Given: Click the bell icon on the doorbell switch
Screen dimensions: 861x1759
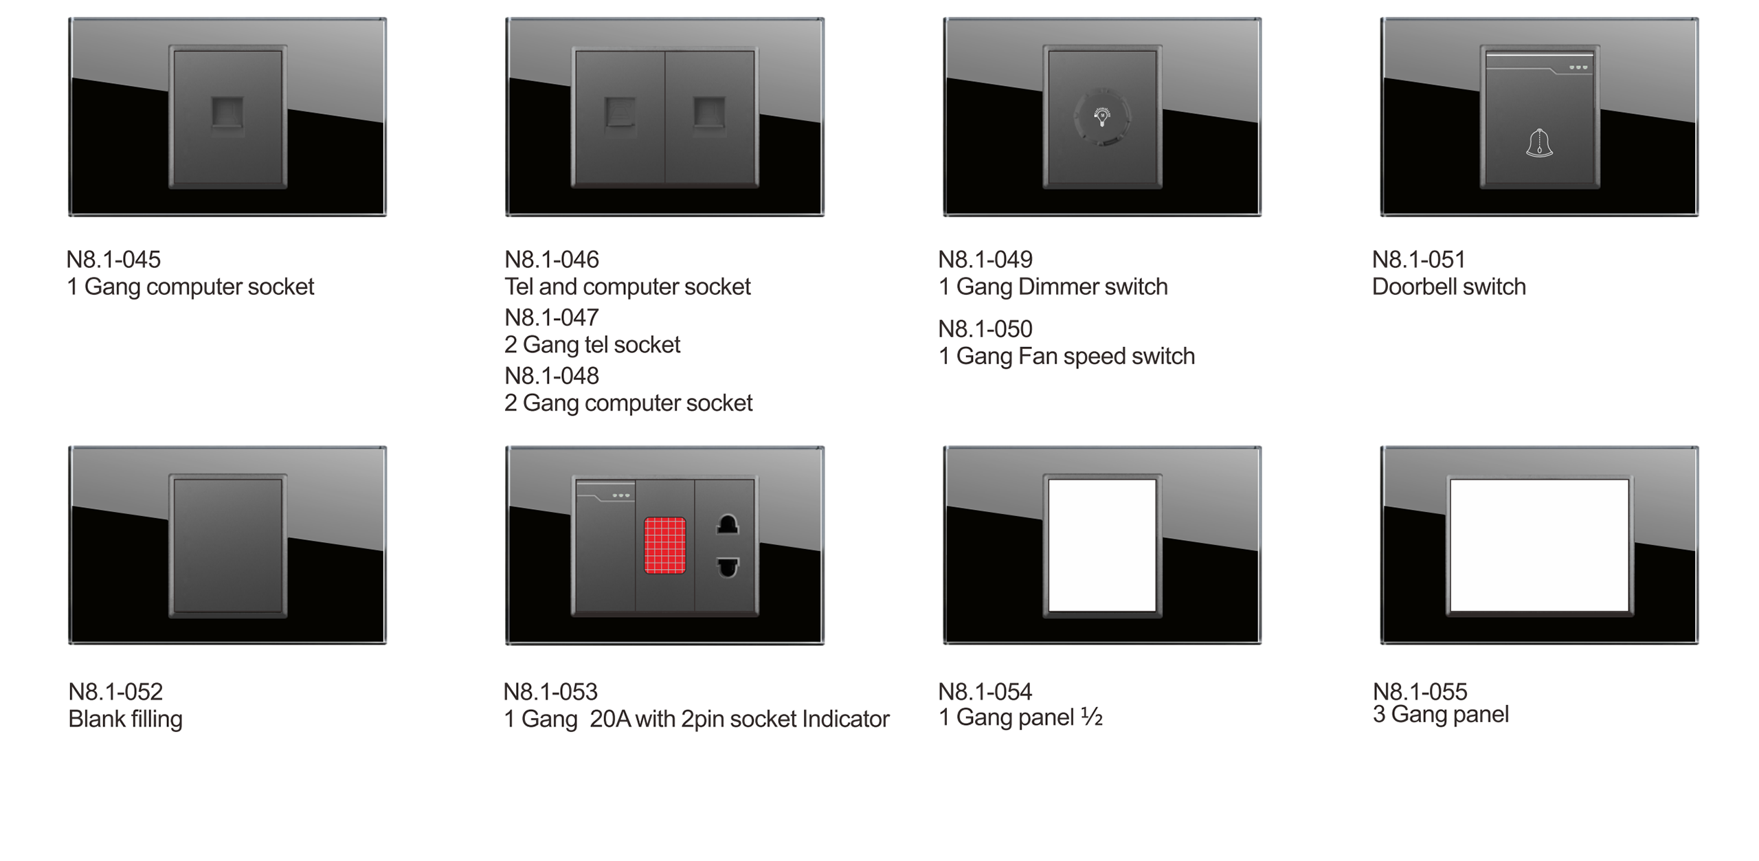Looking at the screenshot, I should [1539, 144].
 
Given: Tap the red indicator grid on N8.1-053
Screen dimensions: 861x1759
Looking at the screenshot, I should [664, 545].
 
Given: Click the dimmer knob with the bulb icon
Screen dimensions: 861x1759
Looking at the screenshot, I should [1102, 118].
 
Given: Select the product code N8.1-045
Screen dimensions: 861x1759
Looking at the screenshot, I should [113, 260].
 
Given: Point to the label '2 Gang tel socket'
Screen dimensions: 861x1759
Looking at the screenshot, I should [592, 344].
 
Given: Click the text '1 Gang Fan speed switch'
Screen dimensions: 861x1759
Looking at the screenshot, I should [1066, 356].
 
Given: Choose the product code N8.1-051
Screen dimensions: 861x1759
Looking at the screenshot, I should [1419, 260].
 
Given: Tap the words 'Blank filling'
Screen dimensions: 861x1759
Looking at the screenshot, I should [125, 719].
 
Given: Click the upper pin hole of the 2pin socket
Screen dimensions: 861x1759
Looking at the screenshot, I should [728, 525].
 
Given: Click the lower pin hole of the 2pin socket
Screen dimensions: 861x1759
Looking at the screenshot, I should [728, 568].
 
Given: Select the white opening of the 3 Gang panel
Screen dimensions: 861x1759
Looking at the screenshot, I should [1539, 544].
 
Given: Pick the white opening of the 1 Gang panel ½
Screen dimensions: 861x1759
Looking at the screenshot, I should [1102, 544].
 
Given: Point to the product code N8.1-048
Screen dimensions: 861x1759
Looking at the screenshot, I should [551, 376].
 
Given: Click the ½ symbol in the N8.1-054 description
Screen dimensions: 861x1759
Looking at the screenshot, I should [1092, 717].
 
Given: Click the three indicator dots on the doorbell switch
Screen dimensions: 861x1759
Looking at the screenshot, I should [1578, 67].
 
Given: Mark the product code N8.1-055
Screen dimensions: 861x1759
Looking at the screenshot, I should [1420, 691].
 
